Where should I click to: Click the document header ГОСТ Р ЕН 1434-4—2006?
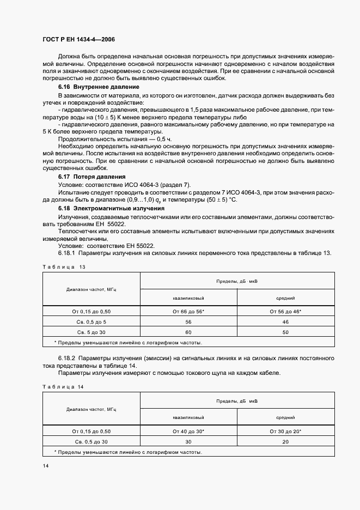[x=79, y=40]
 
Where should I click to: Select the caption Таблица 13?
[x=64, y=266]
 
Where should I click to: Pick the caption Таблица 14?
[x=64, y=386]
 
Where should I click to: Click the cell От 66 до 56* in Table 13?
[x=188, y=311]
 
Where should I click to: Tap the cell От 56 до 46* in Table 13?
[x=285, y=311]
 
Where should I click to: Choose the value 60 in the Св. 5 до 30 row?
[x=188, y=331]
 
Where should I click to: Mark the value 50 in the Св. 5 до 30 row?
[x=285, y=331]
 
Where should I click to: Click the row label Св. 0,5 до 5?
[x=91, y=321]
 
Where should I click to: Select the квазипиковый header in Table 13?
[x=188, y=298]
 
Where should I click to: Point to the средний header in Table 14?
[x=285, y=417]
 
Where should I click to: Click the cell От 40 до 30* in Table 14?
[x=188, y=431]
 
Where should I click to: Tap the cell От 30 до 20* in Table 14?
[x=285, y=431]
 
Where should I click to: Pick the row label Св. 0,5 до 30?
[x=91, y=441]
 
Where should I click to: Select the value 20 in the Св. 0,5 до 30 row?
[x=285, y=441]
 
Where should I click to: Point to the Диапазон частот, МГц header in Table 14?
[x=91, y=409]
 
